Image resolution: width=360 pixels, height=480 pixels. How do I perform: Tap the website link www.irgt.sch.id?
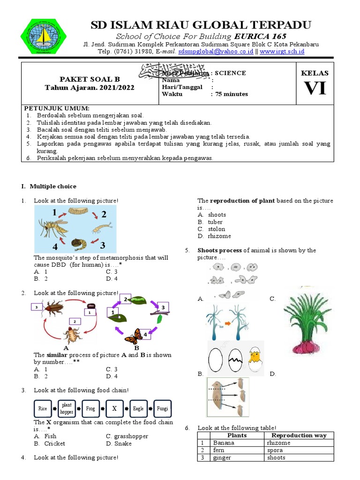pyautogui.click(x=282, y=51)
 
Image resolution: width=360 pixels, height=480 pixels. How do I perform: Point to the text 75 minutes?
pyautogui.click(x=232, y=94)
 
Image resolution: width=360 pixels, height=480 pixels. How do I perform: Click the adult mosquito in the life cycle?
pyautogui.click(x=53, y=228)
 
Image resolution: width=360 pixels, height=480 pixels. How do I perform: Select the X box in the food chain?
pyautogui.click(x=113, y=408)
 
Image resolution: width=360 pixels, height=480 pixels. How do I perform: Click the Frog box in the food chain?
pyautogui.click(x=90, y=408)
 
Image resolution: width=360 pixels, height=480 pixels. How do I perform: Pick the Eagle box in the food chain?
pyautogui.click(x=138, y=408)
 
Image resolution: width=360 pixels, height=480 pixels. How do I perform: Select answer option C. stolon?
pyautogui.click(x=211, y=229)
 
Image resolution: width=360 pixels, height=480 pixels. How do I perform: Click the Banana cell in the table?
pyautogui.click(x=224, y=442)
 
